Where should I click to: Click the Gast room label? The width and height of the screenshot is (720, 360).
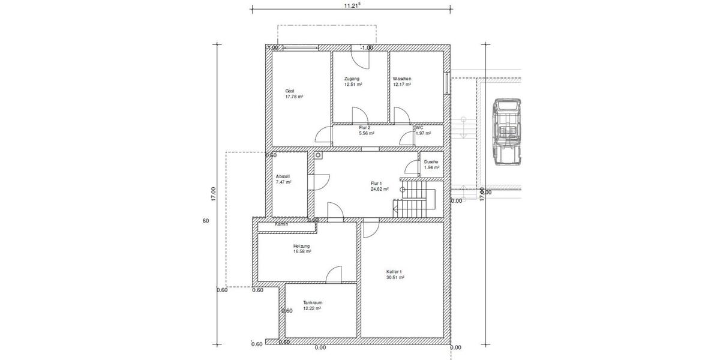(x=290, y=91)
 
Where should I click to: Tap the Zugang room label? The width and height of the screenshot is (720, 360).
(x=352, y=79)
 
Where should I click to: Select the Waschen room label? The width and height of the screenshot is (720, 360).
(x=401, y=79)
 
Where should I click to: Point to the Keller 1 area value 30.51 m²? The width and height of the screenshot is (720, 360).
(x=395, y=278)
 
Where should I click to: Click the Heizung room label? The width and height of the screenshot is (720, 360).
(x=301, y=246)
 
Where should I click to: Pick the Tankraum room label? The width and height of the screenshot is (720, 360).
(x=312, y=302)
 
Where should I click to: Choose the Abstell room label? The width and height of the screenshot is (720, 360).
(x=283, y=176)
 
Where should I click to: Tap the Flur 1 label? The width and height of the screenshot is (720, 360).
(x=376, y=183)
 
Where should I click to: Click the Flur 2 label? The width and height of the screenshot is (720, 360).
(x=364, y=128)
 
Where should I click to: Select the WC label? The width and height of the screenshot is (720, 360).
(x=419, y=128)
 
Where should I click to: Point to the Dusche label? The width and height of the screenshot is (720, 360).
(x=431, y=162)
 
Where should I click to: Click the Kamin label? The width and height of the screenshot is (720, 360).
(x=281, y=224)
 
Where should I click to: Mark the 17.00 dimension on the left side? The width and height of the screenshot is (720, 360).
(x=212, y=194)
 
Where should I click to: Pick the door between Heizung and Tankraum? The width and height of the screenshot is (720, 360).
(x=335, y=274)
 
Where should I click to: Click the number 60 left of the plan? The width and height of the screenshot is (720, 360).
(x=206, y=221)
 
